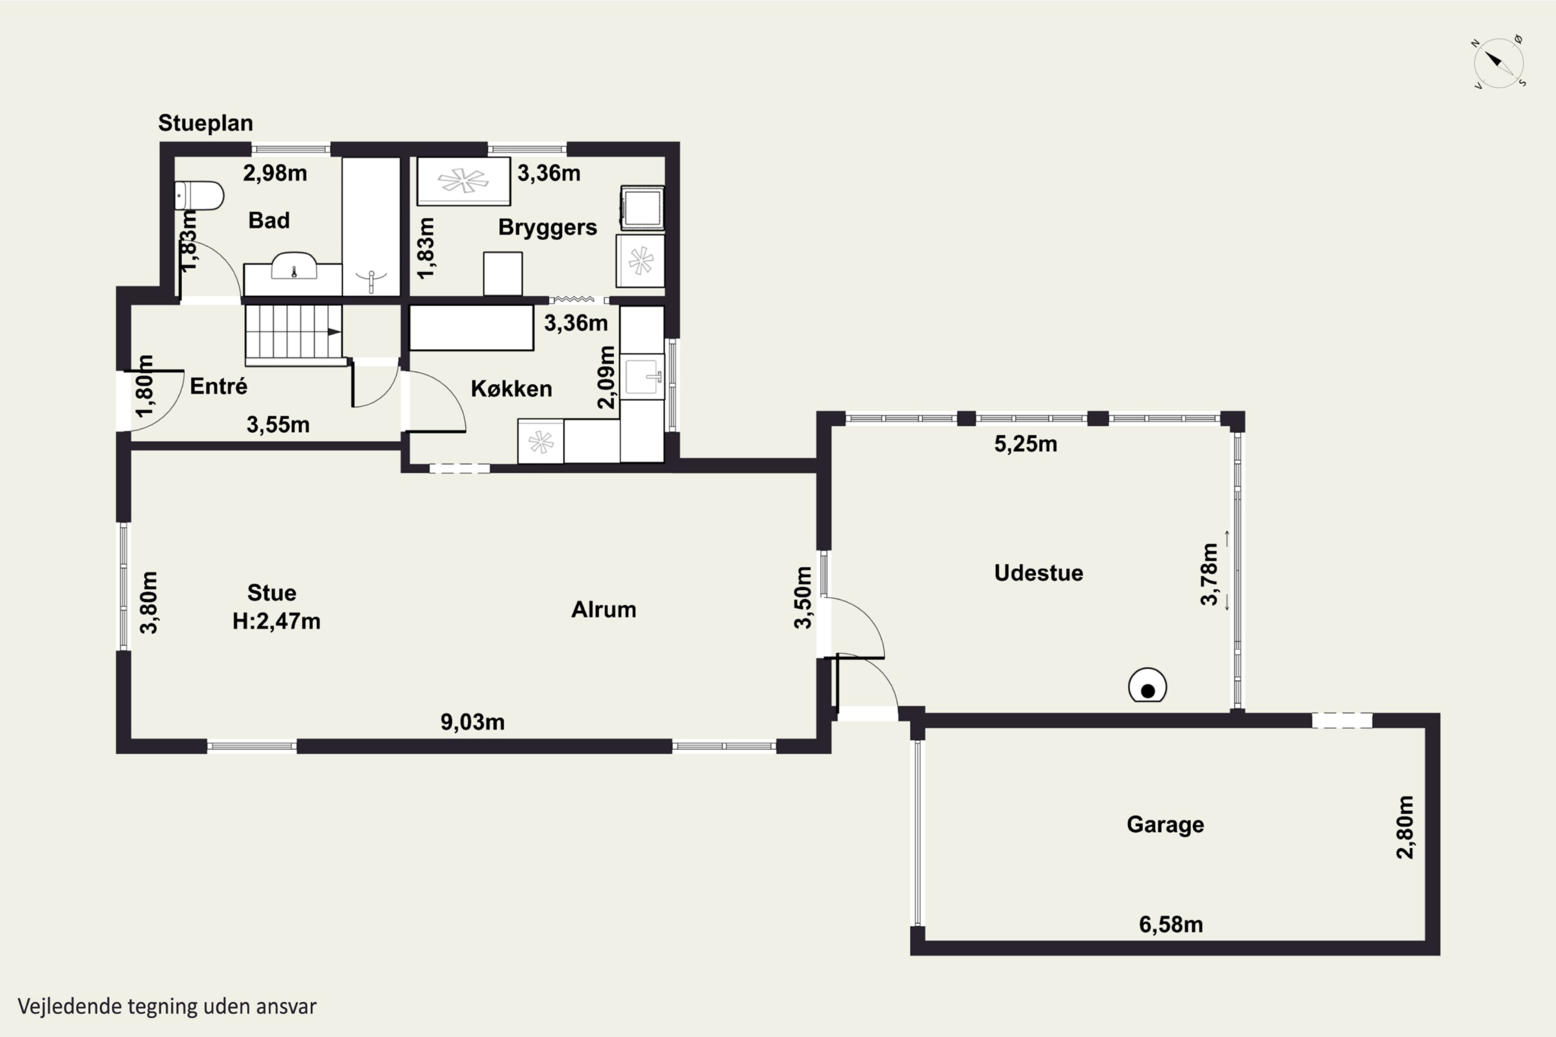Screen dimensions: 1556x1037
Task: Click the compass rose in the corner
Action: click(x=1499, y=63)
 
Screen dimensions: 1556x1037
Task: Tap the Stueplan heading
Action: click(x=205, y=123)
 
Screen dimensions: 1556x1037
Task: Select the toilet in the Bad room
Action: click(x=199, y=196)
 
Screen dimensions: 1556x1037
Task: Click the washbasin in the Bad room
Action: click(x=294, y=266)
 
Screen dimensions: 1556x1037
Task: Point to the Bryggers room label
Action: click(x=547, y=228)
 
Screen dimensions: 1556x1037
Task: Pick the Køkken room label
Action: click(x=511, y=389)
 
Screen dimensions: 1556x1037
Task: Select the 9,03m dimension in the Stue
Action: click(x=473, y=722)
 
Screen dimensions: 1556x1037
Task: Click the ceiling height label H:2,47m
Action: click(x=276, y=622)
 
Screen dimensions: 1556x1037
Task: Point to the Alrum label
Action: click(x=603, y=610)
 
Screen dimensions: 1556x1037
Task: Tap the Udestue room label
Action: click(x=1039, y=573)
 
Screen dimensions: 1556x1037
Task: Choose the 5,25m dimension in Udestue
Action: click(x=1025, y=444)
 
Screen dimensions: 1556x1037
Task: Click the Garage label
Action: click(x=1165, y=825)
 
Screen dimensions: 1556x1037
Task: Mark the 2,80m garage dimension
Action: click(x=1405, y=828)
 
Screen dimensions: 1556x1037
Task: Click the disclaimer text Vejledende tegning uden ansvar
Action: click(x=166, y=1006)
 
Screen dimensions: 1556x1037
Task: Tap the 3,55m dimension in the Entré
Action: click(x=278, y=425)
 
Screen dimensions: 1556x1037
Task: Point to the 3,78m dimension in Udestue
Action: click(x=1210, y=573)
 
